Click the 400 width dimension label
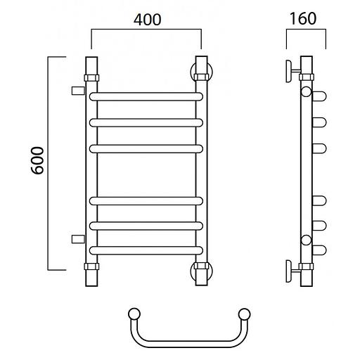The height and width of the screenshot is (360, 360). point(148,20)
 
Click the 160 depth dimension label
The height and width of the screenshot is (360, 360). point(303,19)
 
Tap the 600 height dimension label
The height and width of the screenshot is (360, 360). point(37,160)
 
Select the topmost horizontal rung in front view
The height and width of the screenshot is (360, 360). point(146,96)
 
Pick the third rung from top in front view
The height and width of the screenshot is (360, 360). point(146,149)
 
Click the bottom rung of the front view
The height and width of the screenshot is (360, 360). point(146,250)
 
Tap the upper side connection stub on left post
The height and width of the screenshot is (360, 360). point(78,91)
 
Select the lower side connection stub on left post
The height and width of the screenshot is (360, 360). point(78,239)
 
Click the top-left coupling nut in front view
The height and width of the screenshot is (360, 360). point(91,78)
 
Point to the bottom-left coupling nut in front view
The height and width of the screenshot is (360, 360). point(91,266)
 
